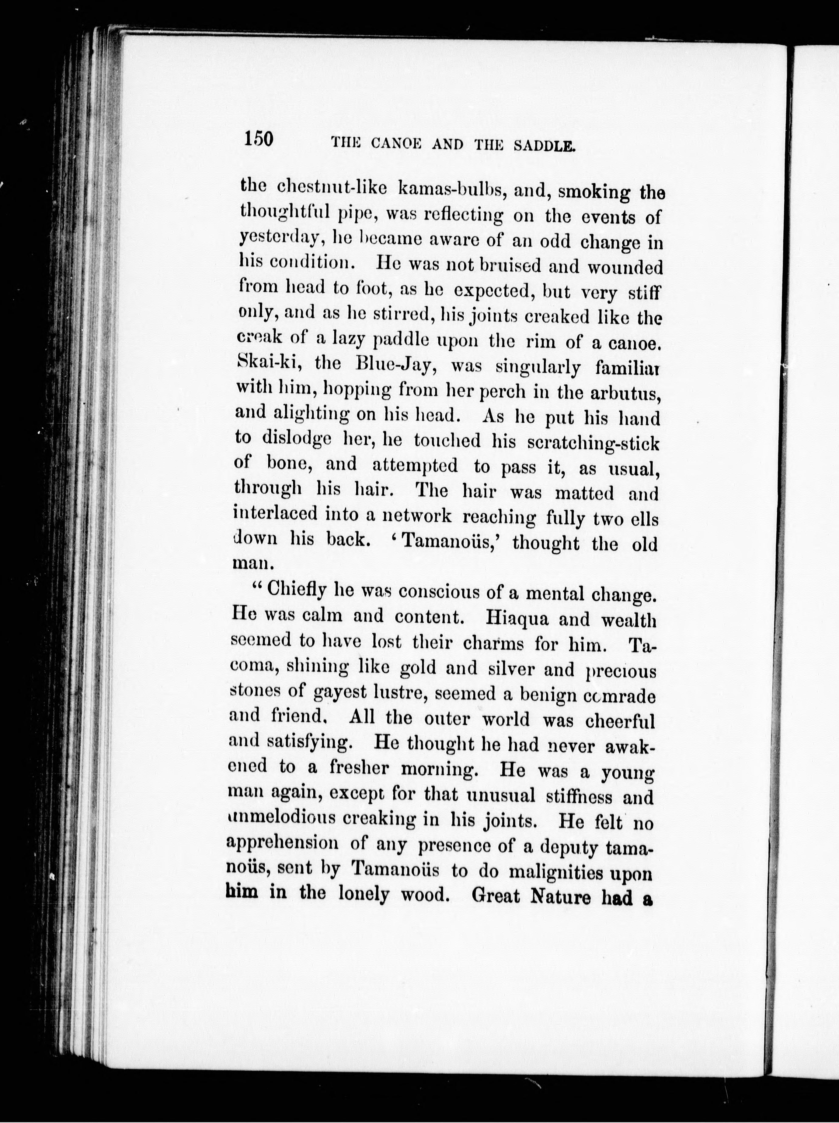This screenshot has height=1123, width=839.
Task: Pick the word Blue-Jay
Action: tap(396, 365)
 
